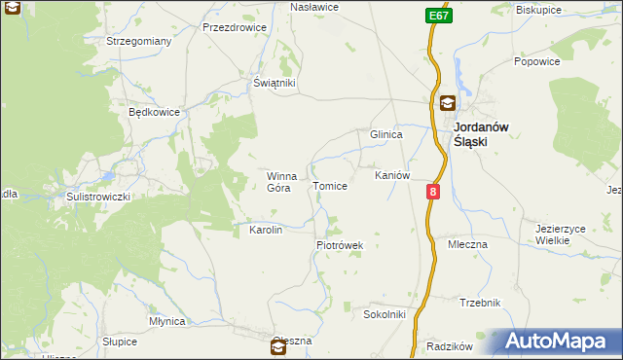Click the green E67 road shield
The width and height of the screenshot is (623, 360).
point(437,17)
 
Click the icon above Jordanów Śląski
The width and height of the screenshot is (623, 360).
point(447,104)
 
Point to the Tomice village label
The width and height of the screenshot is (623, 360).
point(329,186)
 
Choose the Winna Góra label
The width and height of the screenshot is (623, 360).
point(281,182)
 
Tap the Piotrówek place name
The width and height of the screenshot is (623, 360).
point(339,246)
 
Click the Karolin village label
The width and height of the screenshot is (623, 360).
point(266,231)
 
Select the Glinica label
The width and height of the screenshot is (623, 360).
point(385,135)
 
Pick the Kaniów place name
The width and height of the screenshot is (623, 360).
point(392,175)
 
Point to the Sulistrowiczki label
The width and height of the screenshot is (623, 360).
point(97,196)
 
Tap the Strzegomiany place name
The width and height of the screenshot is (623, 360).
point(139,41)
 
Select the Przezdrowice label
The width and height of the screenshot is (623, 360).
point(235,28)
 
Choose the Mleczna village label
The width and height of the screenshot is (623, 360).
point(467,244)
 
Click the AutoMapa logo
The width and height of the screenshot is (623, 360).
point(553,342)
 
